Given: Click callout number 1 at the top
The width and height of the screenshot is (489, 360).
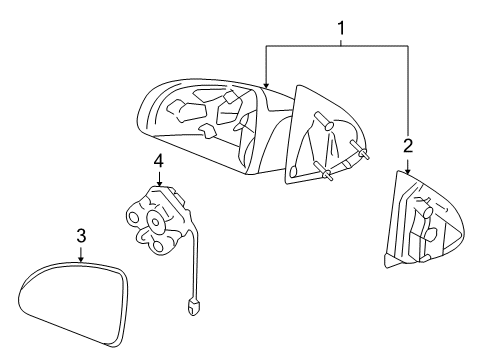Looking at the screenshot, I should [340, 30].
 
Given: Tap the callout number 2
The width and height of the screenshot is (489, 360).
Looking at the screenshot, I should [408, 146].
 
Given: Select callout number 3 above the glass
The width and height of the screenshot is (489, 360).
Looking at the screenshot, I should [81, 236].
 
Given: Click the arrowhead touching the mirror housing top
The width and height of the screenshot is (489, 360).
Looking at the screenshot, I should [266, 83].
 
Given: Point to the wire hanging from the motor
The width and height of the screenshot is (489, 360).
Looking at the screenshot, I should [198, 265].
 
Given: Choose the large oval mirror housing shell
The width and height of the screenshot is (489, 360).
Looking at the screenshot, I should [200, 125].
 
